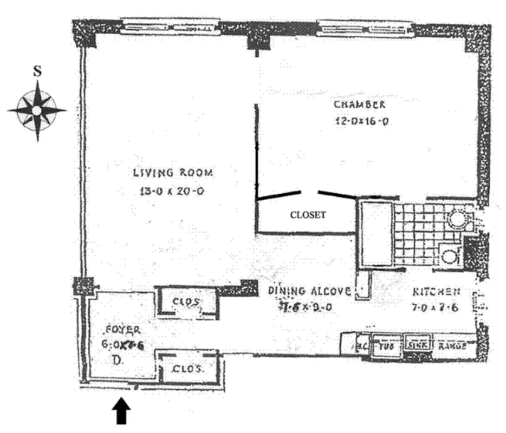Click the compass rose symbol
tap(37, 110)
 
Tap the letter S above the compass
tap(37, 71)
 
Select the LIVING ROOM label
tap(173, 173)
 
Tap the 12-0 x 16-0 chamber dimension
tap(361, 121)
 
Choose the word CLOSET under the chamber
tap(308, 215)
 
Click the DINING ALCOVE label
tap(310, 291)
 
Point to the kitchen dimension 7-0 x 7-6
tap(435, 309)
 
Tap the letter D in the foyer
tap(116, 359)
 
